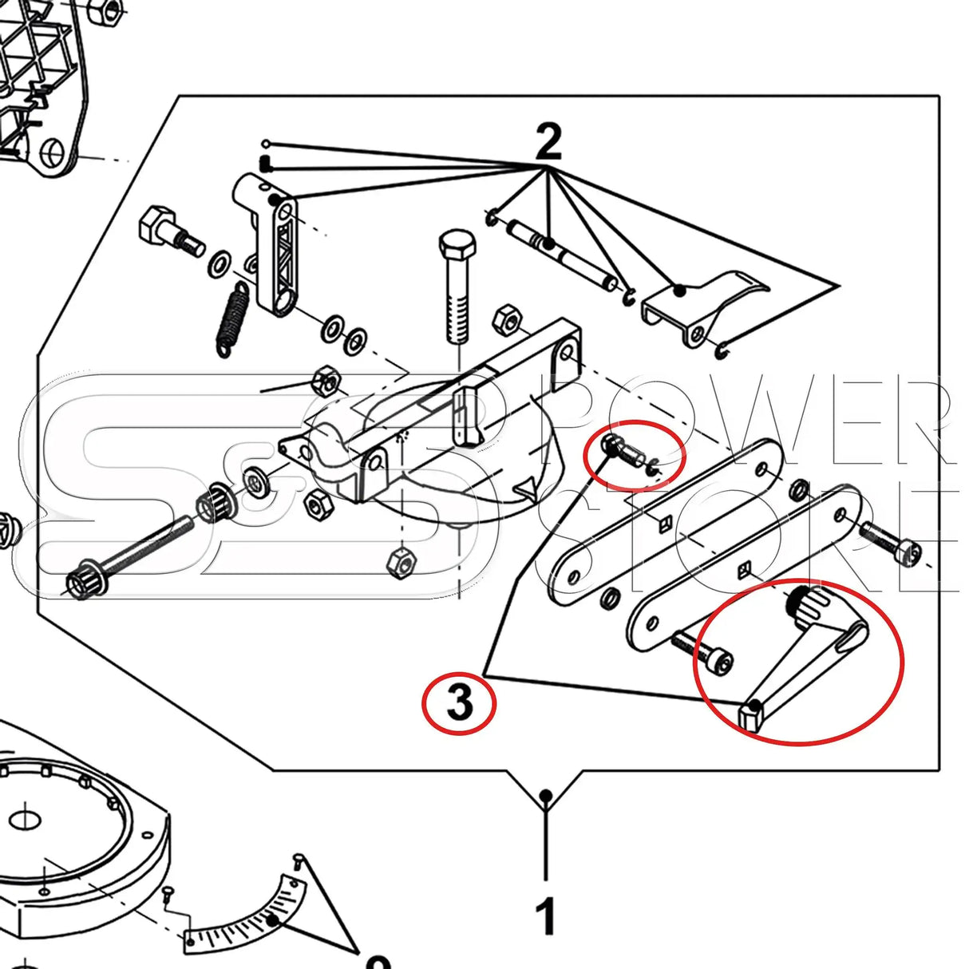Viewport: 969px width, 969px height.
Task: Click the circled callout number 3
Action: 460,703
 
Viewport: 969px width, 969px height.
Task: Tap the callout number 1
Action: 546,916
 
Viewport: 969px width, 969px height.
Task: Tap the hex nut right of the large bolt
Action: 507,320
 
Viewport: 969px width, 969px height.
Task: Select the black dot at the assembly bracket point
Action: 546,795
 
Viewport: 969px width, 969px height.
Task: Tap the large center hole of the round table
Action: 28,820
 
